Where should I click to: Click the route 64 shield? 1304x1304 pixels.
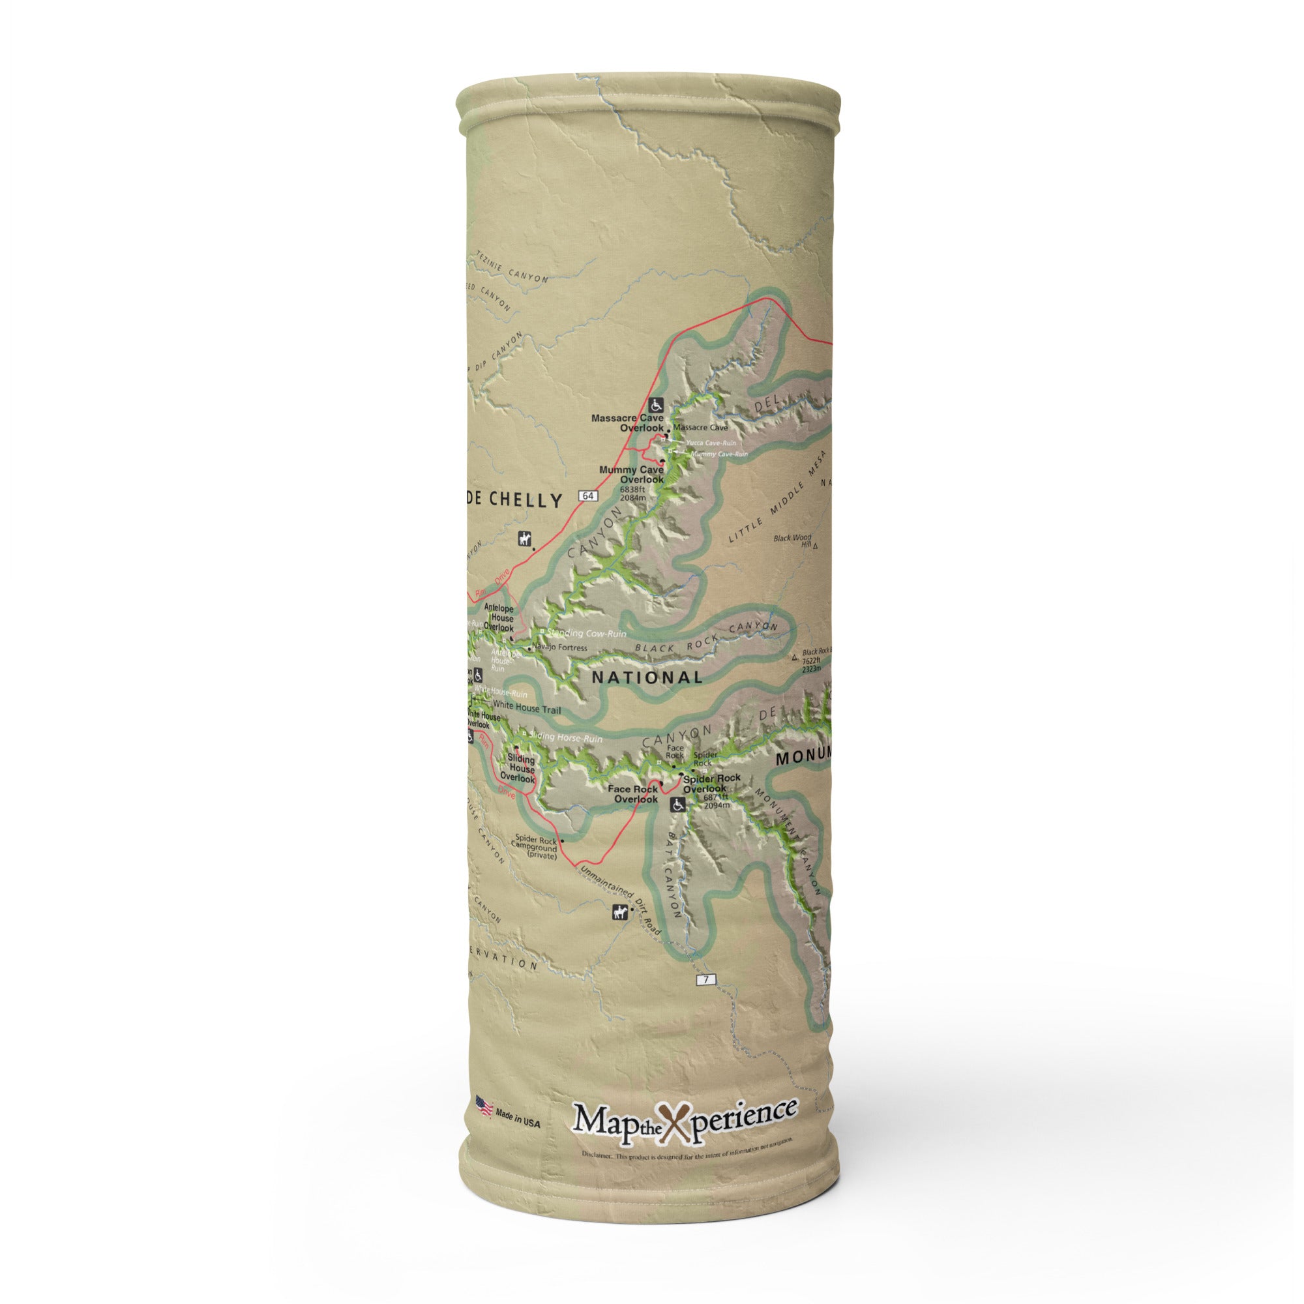click(588, 496)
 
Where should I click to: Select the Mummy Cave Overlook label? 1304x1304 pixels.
click(631, 474)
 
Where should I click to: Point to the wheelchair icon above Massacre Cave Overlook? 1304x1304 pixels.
click(656, 405)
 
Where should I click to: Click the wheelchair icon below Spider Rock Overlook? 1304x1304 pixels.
click(677, 805)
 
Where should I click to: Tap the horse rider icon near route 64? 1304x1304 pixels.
click(524, 539)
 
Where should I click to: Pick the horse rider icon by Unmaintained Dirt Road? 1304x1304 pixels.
click(619, 913)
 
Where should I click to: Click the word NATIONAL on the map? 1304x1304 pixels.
click(647, 677)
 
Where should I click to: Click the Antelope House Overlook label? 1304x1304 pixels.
click(498, 617)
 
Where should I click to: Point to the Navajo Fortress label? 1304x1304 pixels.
click(559, 647)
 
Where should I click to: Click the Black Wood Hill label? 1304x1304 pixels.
click(793, 541)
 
